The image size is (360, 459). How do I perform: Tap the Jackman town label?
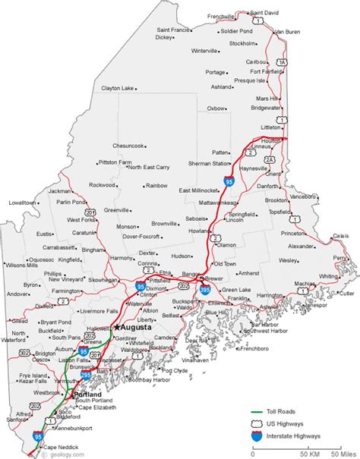point(59,191)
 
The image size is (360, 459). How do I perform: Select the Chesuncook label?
point(128,145)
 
